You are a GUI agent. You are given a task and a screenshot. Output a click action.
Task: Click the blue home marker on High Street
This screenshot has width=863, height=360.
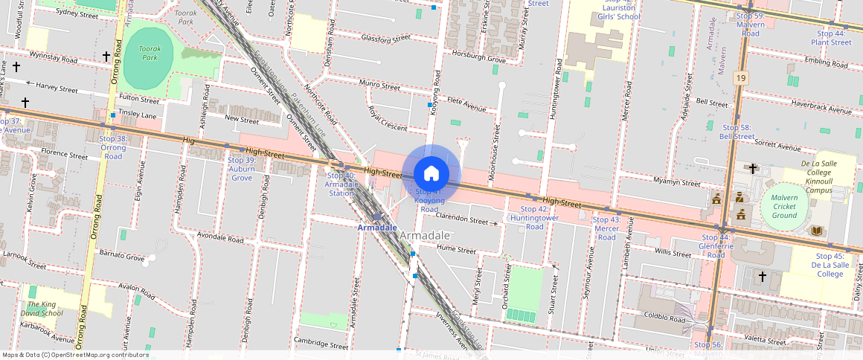431,173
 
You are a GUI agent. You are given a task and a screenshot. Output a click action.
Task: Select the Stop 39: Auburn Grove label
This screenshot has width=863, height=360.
242,169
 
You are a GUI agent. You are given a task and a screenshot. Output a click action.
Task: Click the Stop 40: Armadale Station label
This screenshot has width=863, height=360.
341,184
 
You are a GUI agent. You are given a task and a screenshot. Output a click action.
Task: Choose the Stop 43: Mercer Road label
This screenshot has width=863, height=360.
607,228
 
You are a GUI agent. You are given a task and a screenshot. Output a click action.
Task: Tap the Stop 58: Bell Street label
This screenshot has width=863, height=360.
737,132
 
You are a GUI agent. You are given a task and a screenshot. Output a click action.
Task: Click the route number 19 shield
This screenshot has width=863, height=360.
740,77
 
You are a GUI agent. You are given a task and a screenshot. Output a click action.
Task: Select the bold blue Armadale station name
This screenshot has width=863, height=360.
377,227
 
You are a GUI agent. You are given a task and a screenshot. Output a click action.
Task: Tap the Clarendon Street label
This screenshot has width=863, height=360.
461,218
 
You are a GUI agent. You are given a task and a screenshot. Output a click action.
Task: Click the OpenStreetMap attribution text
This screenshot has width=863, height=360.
75,355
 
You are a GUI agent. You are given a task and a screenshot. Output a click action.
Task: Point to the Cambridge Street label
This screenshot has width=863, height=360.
321,345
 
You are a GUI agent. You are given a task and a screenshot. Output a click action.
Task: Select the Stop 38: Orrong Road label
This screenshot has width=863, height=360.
113,147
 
